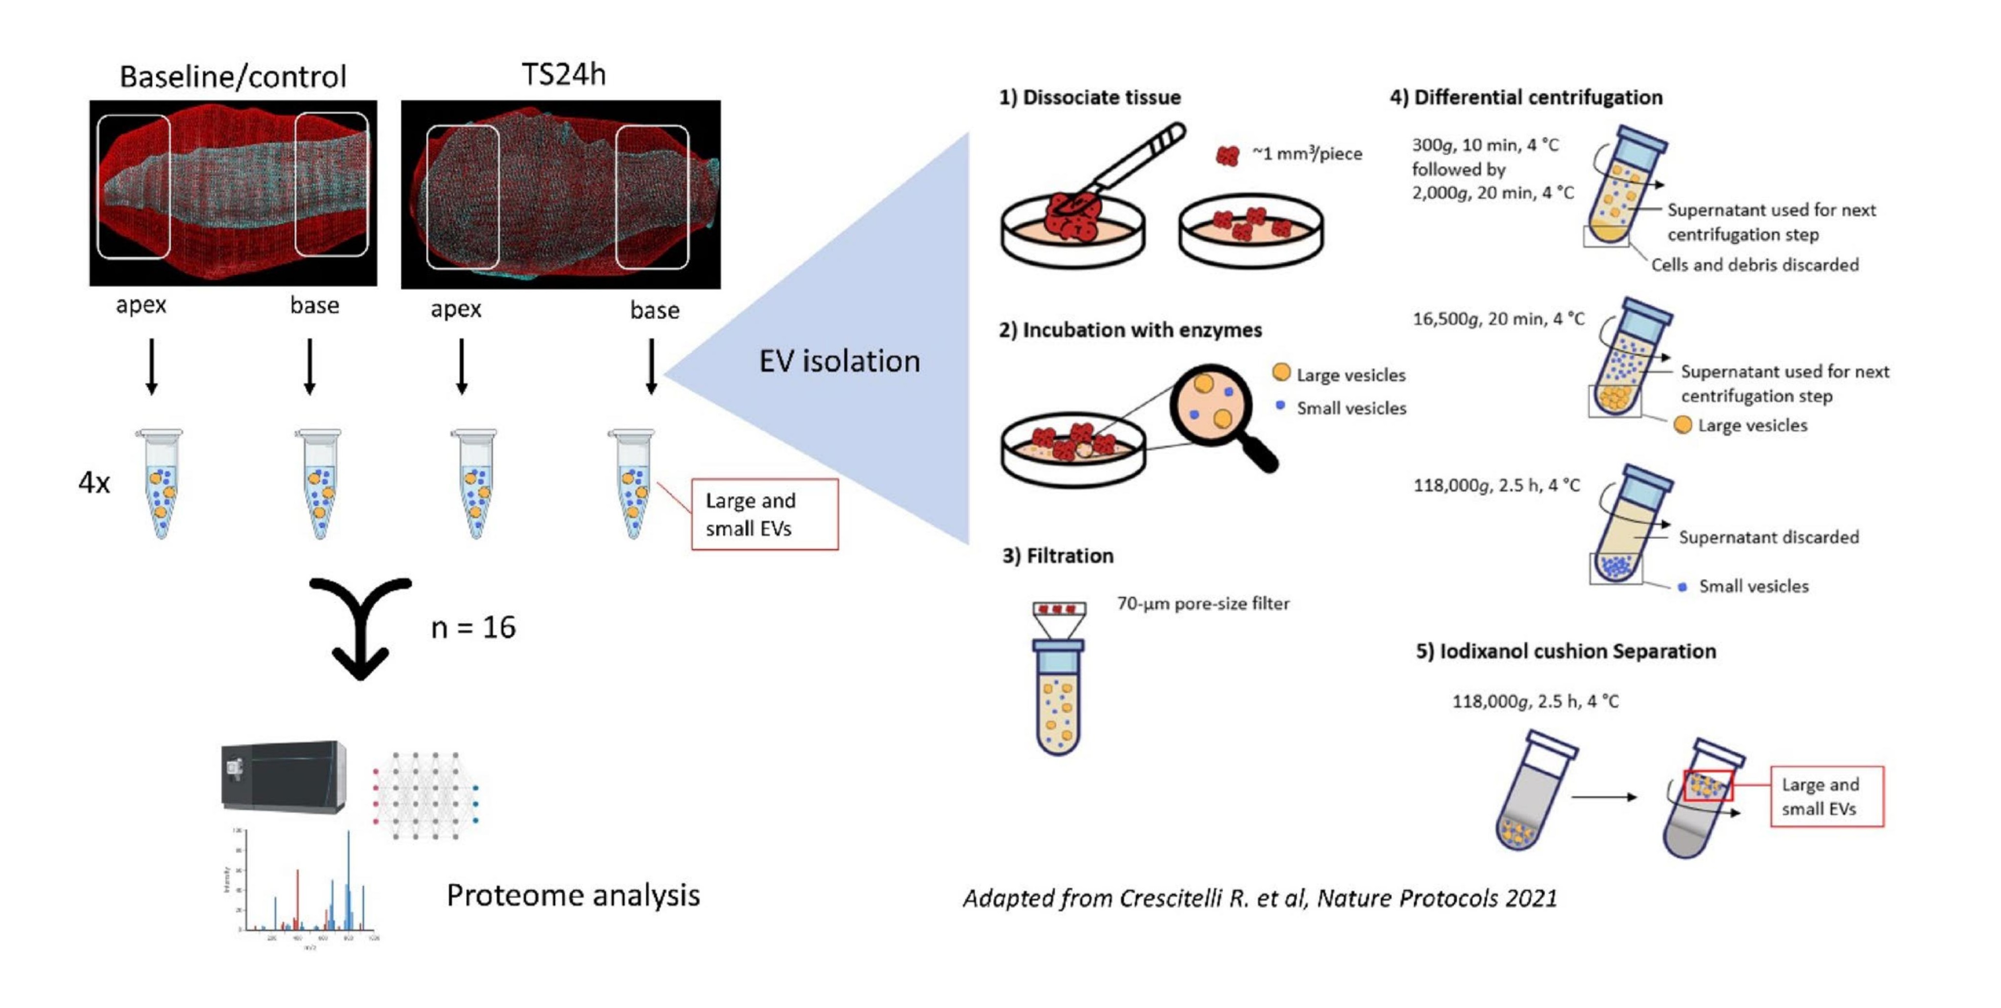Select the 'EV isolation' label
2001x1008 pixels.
click(839, 361)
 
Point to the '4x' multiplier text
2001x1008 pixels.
click(94, 483)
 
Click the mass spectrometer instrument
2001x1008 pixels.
click(283, 777)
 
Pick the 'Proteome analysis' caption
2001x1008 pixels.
click(572, 895)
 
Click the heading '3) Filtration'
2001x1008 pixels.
click(1057, 555)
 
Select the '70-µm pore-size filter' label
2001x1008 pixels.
click(1202, 603)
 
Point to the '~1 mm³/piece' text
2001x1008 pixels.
click(1307, 153)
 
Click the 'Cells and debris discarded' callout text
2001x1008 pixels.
click(1755, 265)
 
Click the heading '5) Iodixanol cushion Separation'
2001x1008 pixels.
click(1565, 651)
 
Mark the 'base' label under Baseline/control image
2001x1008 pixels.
click(315, 306)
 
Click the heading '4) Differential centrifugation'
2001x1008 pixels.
click(1526, 97)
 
